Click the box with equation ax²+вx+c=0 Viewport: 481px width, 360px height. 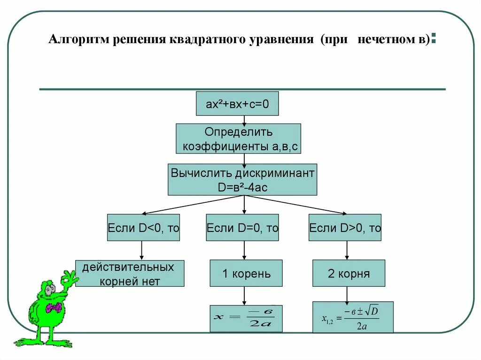point(237,103)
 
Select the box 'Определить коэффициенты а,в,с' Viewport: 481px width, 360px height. point(238,138)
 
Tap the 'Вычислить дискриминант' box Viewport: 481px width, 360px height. point(242,179)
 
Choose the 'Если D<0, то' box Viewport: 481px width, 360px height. point(143,228)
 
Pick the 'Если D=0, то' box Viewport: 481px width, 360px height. point(242,228)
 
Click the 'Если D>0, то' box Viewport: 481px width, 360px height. point(345,228)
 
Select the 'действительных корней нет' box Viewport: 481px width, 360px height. point(130,274)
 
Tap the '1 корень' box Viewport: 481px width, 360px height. point(246,273)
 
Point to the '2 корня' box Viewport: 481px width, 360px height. point(349,273)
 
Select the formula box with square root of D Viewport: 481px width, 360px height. point(353,317)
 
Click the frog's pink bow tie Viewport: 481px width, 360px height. point(54,308)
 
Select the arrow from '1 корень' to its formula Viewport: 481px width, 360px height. point(244,296)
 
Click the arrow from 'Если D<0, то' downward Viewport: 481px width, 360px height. point(141,251)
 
